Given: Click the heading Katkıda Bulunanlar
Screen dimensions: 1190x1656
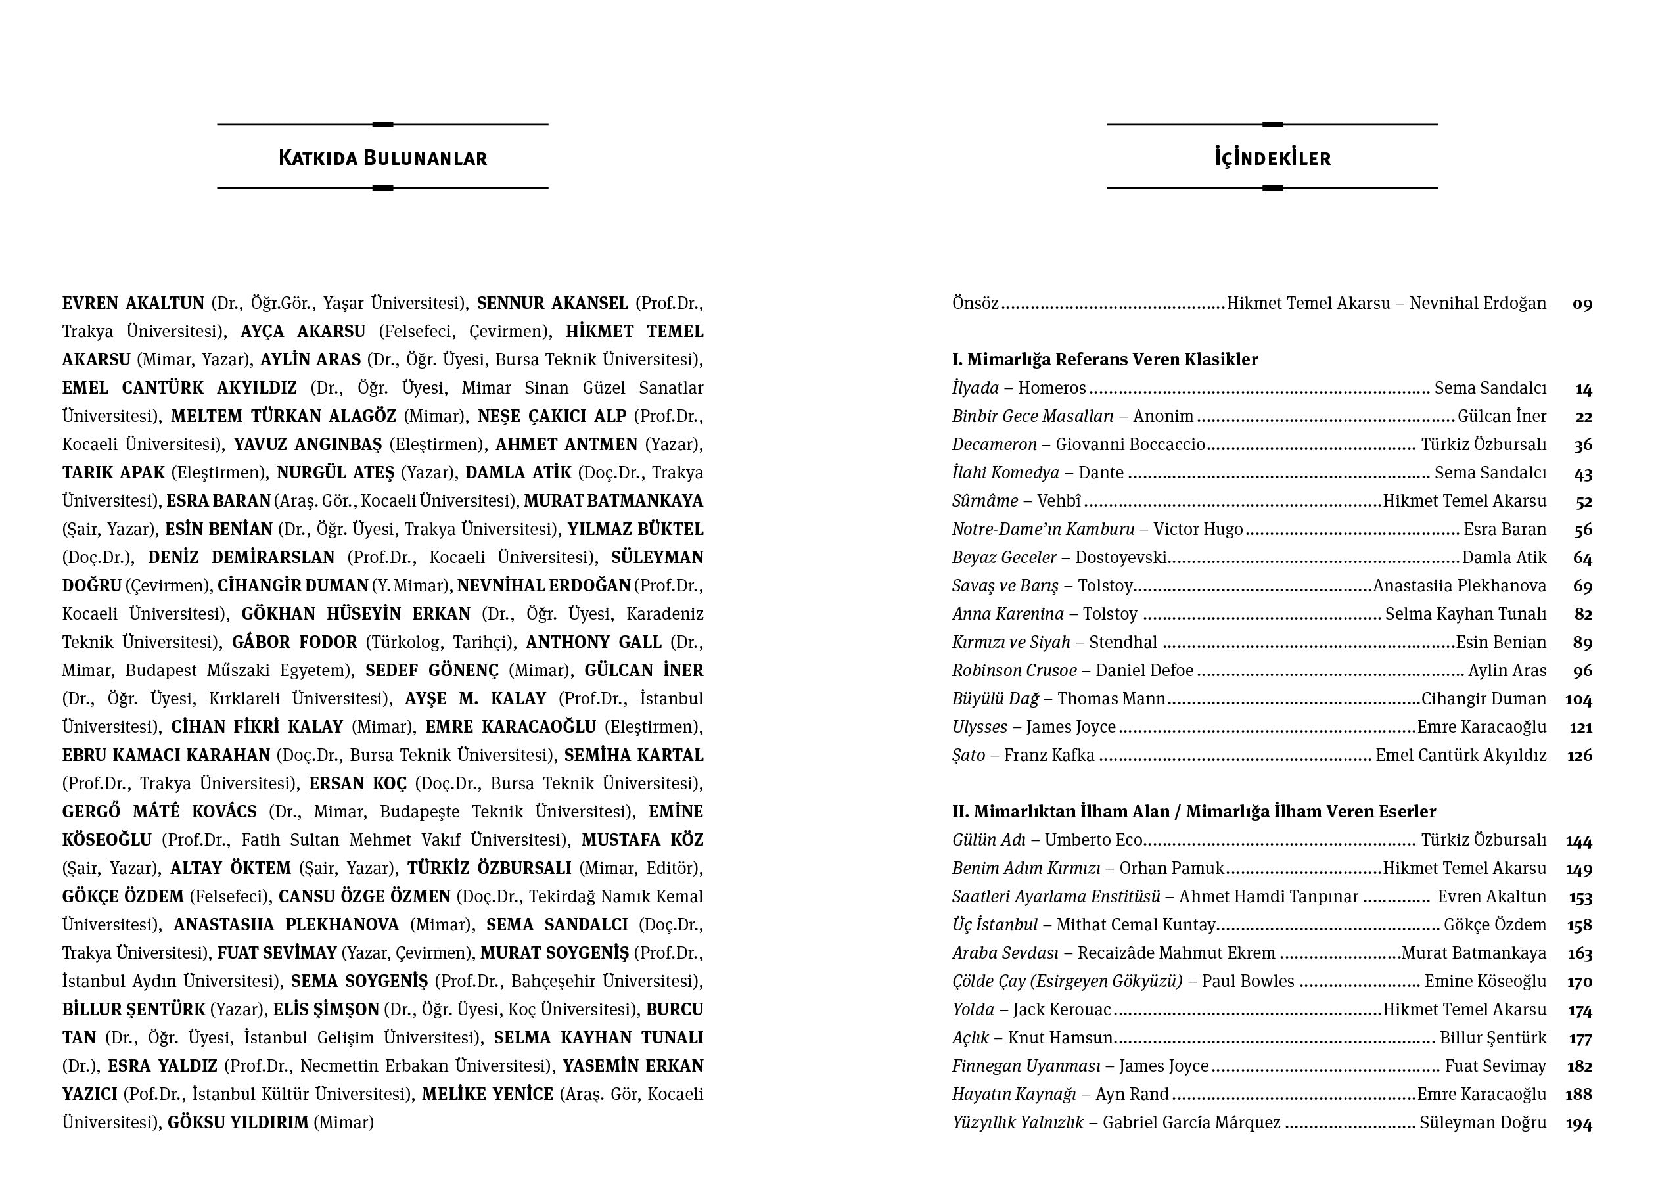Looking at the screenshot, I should [x=382, y=158].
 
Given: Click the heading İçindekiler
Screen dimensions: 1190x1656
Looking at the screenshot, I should [x=1272, y=158].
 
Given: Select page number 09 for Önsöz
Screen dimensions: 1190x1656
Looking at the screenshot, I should [x=1582, y=304].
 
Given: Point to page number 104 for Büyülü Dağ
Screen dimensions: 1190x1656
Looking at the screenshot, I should [x=1578, y=699].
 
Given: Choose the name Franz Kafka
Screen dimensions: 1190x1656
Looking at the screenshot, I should [x=1049, y=756].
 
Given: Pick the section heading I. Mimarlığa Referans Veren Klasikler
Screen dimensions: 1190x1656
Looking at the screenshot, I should [x=1105, y=359].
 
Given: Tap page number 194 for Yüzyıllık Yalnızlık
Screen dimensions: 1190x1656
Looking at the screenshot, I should [x=1578, y=1124].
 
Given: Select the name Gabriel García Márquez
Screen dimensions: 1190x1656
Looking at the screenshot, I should [x=1191, y=1123].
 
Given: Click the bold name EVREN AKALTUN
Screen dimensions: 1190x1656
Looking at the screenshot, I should [x=133, y=303].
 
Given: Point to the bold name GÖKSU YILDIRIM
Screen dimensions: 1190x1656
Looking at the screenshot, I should [x=238, y=1123].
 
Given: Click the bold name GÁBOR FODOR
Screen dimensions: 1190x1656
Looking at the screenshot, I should [x=294, y=643].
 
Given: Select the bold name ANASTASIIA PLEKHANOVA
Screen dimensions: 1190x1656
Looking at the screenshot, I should [x=287, y=925].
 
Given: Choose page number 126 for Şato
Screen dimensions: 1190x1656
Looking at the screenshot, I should [x=1578, y=756].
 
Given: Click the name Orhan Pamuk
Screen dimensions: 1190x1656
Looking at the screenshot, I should [x=1171, y=869].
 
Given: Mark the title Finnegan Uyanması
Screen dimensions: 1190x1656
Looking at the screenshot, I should [x=1026, y=1066].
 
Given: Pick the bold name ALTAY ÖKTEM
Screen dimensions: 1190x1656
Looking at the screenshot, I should [x=231, y=869].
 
